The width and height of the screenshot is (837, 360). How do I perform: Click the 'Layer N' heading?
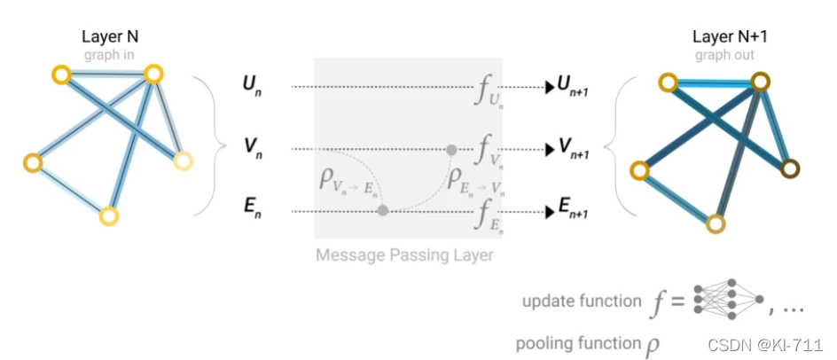pos(111,37)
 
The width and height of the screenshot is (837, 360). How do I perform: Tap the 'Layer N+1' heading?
pos(723,37)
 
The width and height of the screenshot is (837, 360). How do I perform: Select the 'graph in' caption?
pos(111,54)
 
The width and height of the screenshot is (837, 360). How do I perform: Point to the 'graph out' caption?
pos(723,54)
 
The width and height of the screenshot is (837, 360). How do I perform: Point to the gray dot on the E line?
pos(383,211)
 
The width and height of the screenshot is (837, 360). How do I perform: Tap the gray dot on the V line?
pos(451,149)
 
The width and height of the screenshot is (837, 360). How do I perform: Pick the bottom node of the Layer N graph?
pos(108,215)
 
